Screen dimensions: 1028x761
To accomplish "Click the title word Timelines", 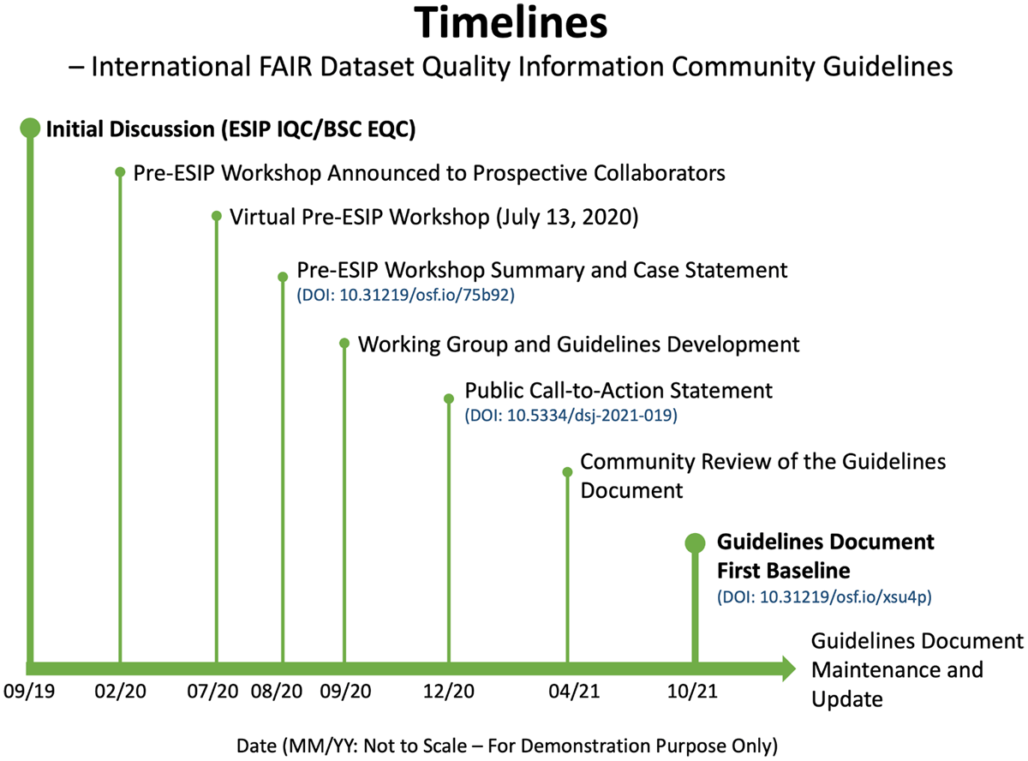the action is click(x=511, y=23).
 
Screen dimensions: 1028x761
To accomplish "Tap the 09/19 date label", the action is click(x=29, y=691).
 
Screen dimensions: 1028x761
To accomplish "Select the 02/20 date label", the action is click(x=121, y=691).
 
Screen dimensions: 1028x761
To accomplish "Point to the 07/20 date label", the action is click(x=212, y=691).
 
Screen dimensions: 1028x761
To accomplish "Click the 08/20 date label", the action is click(x=277, y=691).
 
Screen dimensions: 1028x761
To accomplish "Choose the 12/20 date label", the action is click(x=449, y=691).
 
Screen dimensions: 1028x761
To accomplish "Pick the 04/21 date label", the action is click(x=574, y=691).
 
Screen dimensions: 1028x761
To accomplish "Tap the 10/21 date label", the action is click(x=692, y=691).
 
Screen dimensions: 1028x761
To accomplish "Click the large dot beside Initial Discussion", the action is click(x=30, y=128).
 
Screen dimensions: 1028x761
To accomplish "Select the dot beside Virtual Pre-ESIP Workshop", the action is click(x=217, y=216).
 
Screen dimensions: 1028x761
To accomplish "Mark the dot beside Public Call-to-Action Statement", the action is click(x=449, y=398).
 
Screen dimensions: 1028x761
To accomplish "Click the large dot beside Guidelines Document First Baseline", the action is click(x=696, y=543).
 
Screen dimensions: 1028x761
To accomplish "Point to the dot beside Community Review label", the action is click(x=567, y=472).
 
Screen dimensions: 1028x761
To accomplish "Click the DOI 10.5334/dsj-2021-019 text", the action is click(x=571, y=415).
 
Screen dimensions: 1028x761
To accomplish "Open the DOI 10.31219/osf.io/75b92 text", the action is click(x=405, y=295).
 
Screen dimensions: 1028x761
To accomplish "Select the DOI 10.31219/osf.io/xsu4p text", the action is click(x=824, y=596).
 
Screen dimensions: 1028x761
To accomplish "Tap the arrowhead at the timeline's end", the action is click(x=789, y=668).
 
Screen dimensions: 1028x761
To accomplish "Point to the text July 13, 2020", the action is click(x=567, y=218).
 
